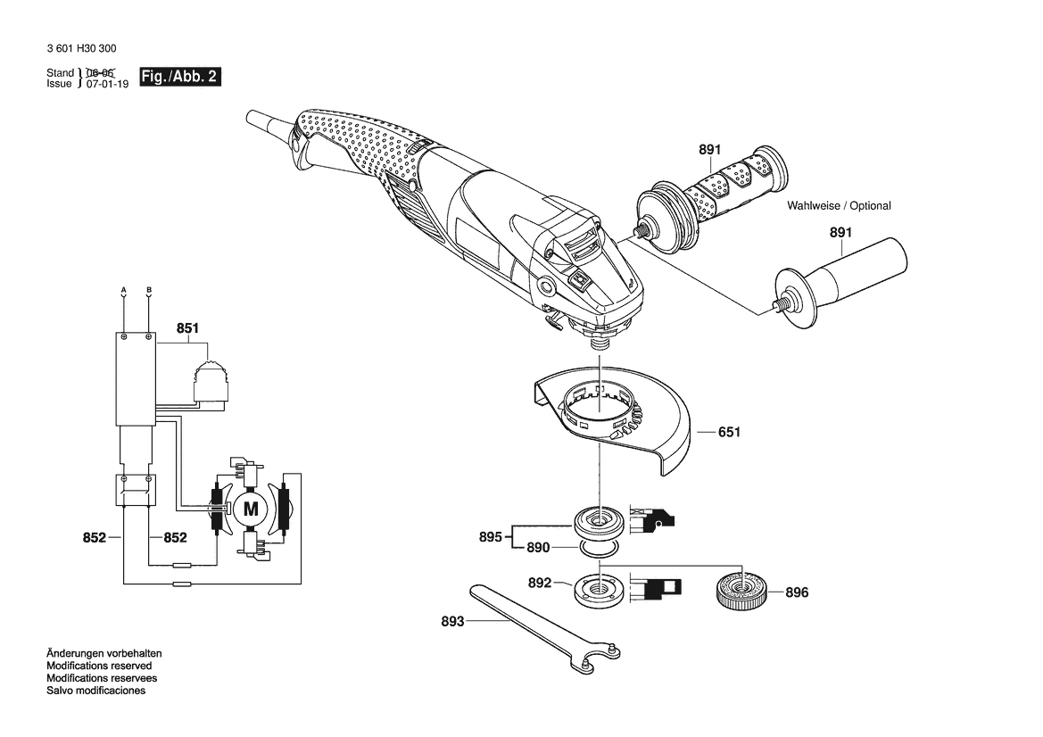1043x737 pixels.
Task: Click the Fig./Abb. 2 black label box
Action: [x=179, y=77]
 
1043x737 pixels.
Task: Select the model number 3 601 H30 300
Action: [x=82, y=48]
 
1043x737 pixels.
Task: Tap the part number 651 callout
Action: [x=729, y=432]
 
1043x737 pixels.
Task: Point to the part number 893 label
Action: [x=452, y=621]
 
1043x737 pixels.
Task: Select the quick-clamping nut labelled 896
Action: [x=742, y=588]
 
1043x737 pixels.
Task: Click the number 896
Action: [x=797, y=592]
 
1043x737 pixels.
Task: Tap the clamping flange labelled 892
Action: [x=600, y=590]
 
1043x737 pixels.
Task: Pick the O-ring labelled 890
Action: [x=600, y=548]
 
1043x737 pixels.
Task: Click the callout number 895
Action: [x=490, y=536]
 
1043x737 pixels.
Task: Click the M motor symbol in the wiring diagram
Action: [x=251, y=509]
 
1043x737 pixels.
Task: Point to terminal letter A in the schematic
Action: [x=124, y=290]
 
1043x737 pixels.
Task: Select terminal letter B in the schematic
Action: [x=149, y=290]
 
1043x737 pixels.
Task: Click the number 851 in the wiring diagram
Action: [x=187, y=328]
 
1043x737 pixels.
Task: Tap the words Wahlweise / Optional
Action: [x=839, y=205]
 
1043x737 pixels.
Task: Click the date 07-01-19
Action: [x=107, y=84]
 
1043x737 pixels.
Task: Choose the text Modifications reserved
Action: [x=99, y=666]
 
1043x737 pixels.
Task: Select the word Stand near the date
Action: [x=60, y=72]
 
